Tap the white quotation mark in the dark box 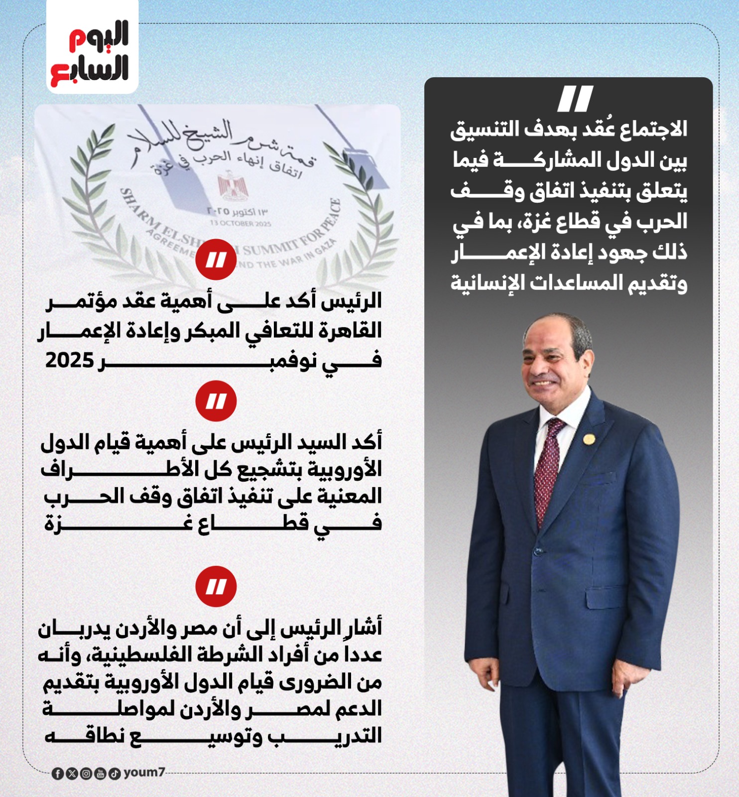coord(575,99)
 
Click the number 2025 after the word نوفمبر coord(69,360)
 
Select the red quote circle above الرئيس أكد coord(216,259)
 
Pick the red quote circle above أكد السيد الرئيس coord(216,401)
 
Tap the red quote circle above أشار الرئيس coord(216,586)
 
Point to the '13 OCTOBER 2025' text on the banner coord(241,223)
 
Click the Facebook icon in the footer coord(58,774)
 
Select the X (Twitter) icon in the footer coord(72,774)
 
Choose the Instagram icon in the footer coord(86,774)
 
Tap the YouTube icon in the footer coord(100,774)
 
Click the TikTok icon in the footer coord(115,774)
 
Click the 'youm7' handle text coord(144,772)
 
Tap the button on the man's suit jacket coord(538,551)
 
